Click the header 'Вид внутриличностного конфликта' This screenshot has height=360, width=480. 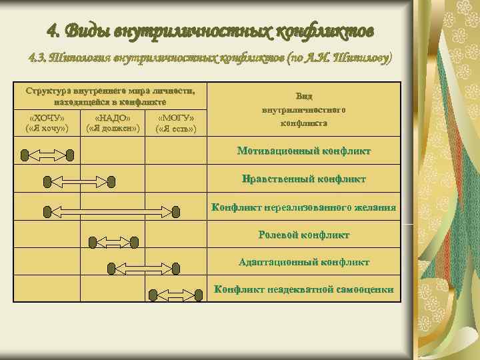click(303, 109)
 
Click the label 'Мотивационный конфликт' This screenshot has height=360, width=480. click(304, 151)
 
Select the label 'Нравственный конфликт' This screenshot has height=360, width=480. click(304, 179)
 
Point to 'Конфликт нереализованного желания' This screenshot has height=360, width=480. click(304, 207)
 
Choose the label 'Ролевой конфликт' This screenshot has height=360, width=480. click(304, 235)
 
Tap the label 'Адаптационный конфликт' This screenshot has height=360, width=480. click(304, 262)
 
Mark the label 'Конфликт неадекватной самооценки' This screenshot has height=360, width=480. click(304, 289)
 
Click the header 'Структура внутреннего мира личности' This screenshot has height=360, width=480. click(111, 90)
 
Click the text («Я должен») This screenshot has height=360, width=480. click(113, 128)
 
